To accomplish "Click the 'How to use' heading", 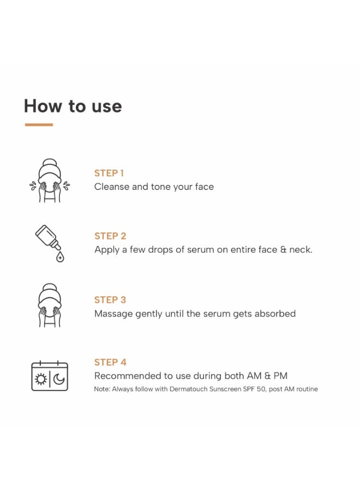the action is point(73,106).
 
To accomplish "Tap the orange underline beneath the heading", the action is point(39,124).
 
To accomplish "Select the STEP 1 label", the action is point(109,173).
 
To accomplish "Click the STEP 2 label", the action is point(110,236).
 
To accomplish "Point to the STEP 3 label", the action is point(110,300).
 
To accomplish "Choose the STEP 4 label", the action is point(110,362).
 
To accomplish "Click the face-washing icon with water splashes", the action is point(50,181).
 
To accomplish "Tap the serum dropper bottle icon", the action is point(50,243).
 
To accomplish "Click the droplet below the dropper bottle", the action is point(60,257).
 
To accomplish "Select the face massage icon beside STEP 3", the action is point(50,306).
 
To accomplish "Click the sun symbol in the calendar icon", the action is point(40,379).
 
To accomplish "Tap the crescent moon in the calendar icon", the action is point(59,379).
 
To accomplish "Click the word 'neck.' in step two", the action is point(301,249).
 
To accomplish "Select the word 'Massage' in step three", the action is point(113,314).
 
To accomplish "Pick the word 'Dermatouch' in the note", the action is point(188,389).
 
